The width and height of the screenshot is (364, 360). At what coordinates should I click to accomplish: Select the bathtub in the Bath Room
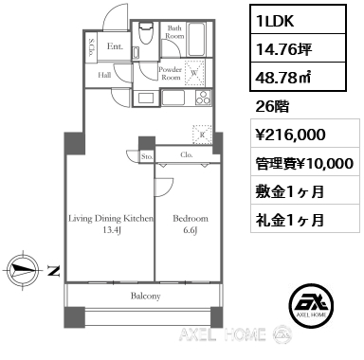(x=197, y=39)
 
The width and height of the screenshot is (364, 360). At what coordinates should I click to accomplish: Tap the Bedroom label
(x=191, y=219)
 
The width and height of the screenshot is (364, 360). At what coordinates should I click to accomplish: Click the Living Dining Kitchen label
(x=111, y=219)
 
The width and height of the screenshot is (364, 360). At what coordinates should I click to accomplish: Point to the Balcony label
(x=146, y=296)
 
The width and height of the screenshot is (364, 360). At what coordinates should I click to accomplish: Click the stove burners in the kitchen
(x=203, y=97)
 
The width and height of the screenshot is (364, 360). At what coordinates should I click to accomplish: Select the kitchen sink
(x=173, y=98)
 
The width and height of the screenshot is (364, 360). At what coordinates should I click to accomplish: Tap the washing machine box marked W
(x=194, y=73)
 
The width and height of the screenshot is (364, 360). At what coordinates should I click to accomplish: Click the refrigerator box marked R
(x=202, y=135)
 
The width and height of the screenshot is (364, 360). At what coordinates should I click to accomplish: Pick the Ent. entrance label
(x=115, y=46)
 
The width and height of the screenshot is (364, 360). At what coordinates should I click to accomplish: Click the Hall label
(x=104, y=75)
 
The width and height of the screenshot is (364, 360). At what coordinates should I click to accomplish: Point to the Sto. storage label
(x=147, y=156)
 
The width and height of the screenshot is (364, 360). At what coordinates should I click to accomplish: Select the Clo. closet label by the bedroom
(x=187, y=154)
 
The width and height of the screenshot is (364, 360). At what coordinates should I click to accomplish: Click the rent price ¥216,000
(x=291, y=135)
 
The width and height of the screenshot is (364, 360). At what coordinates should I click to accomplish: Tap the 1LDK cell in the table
(x=299, y=20)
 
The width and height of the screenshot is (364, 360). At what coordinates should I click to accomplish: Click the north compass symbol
(x=23, y=270)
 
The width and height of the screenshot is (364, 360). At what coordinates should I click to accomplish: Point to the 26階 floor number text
(x=272, y=107)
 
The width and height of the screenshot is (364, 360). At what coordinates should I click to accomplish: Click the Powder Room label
(x=170, y=73)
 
